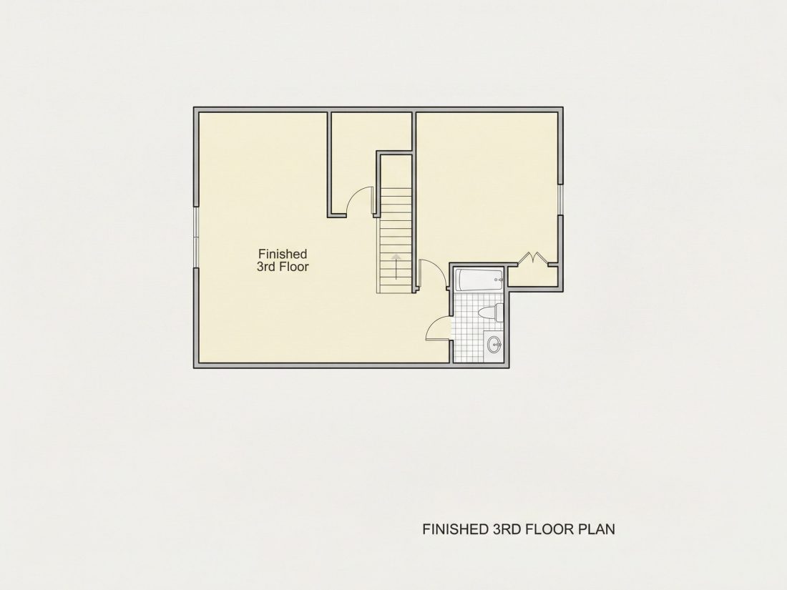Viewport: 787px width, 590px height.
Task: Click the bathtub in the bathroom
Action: point(479,280)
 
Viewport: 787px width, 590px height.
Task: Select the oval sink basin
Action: point(494,345)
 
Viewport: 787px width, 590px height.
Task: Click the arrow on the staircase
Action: point(396,267)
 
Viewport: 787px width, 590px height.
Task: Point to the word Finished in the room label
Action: point(283,254)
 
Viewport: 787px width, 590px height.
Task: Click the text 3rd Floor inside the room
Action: point(283,267)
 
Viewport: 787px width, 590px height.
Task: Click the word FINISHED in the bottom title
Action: point(453,529)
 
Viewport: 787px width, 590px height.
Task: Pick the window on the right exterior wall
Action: point(560,200)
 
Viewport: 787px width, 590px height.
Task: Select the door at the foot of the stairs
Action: point(431,273)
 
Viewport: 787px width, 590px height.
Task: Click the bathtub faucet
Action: point(499,280)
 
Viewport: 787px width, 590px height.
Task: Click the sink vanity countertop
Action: point(494,346)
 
